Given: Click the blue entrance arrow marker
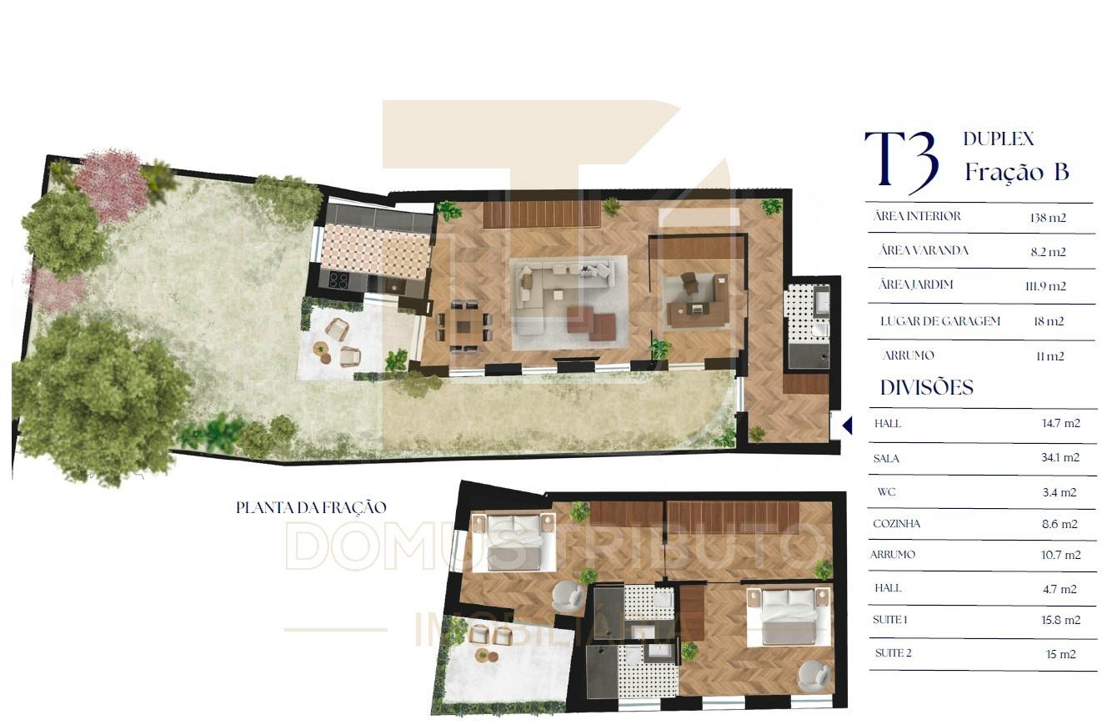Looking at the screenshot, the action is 848,425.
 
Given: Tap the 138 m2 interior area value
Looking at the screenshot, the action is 1048,218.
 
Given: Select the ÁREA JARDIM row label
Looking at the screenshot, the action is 915,284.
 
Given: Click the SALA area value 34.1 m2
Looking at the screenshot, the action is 1060,457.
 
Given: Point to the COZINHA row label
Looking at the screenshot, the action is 897,523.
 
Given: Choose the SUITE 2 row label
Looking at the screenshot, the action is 893,653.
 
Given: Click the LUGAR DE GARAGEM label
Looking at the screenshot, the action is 940,321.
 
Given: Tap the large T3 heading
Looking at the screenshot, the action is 901,160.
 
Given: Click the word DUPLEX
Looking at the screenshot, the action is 999,138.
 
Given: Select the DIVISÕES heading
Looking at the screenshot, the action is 927,388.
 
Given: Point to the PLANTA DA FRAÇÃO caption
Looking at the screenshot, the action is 311,507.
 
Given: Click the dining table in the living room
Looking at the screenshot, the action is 463,325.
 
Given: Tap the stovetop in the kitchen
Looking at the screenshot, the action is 338,281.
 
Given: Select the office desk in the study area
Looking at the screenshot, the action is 697,307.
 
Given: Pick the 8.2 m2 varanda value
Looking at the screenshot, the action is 1048,252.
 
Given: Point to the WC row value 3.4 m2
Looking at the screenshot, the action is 1059,492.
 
